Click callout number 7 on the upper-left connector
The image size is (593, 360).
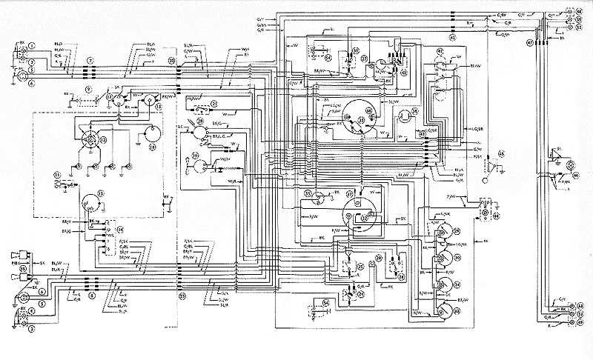coord(90,59)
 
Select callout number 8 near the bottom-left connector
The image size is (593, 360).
coord(91,294)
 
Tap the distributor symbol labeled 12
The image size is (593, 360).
coord(91,138)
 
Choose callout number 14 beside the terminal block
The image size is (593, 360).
coord(119,230)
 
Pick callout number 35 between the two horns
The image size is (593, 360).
coord(22,267)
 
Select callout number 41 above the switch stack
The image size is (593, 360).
coord(440,51)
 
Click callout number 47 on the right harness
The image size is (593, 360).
coord(530,43)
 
